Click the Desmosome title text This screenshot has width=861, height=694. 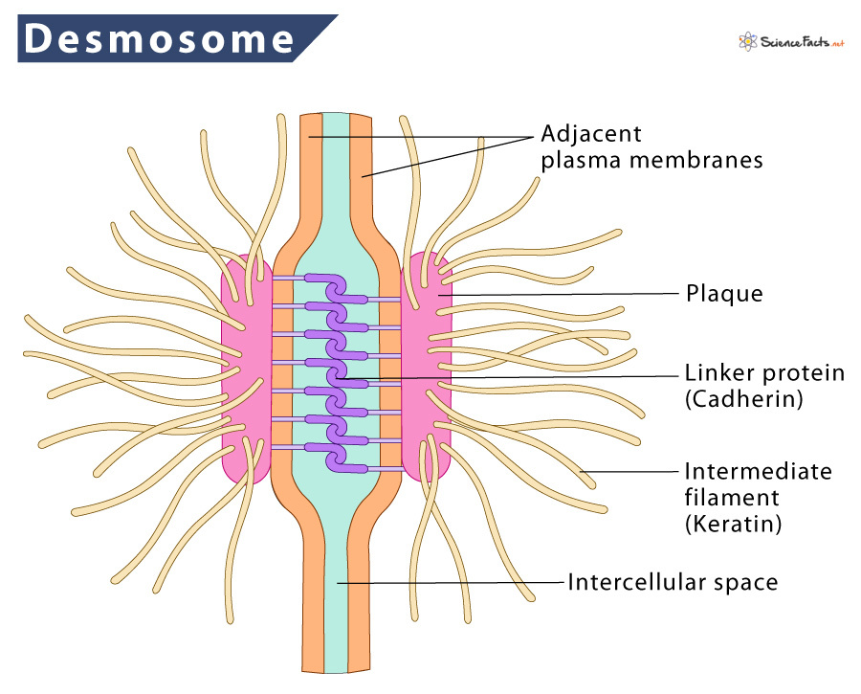point(159,38)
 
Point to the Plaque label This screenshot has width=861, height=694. point(724,293)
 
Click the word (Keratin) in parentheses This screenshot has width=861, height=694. point(728,524)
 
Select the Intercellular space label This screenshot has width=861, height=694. point(672,581)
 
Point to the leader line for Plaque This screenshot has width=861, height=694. point(564,294)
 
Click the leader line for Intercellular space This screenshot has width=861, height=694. point(450,581)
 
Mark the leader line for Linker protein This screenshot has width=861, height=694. point(507,376)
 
